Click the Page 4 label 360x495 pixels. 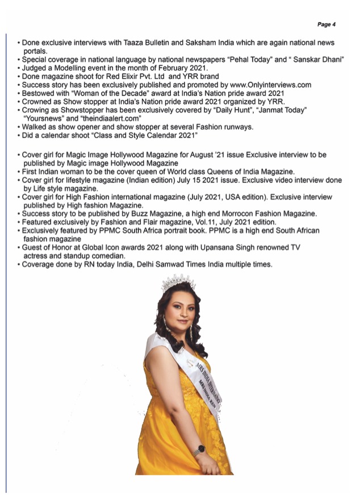(x=326, y=24)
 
